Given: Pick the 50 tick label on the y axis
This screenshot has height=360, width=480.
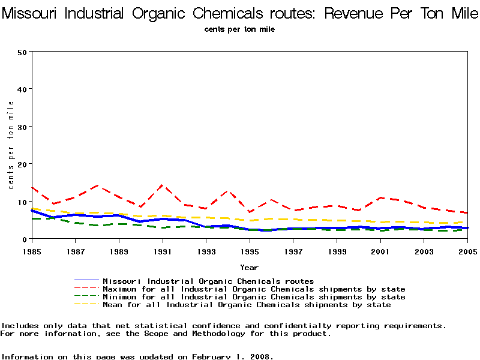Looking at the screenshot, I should click(x=22, y=52).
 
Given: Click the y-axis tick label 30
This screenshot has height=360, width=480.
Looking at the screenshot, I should click(x=22, y=127).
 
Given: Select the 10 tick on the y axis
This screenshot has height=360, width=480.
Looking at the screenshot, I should click(x=22, y=202).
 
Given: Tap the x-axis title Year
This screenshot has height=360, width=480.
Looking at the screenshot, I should click(x=249, y=267).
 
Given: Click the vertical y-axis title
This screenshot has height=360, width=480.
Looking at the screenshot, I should click(x=11, y=145).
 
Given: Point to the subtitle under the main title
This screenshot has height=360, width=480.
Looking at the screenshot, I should click(x=239, y=29).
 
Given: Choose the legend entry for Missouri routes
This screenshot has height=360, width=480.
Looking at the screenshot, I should click(x=208, y=281).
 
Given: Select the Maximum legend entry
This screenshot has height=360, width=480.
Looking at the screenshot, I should click(x=254, y=289).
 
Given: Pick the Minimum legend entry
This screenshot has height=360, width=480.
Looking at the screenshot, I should click(x=254, y=297).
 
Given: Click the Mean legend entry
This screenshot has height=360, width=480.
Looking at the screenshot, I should click(x=247, y=305).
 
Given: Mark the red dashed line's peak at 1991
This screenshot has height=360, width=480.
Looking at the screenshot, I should click(x=162, y=185).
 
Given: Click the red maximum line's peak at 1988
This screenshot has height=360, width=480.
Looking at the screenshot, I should click(x=97, y=186).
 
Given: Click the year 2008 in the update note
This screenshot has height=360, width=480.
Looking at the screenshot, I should click(x=259, y=356).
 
